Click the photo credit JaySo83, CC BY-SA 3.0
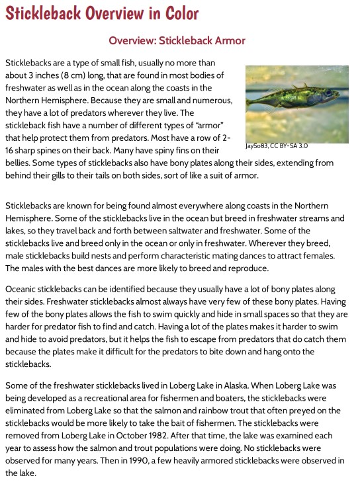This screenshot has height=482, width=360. (276, 145)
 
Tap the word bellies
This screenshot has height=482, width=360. (19, 163)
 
